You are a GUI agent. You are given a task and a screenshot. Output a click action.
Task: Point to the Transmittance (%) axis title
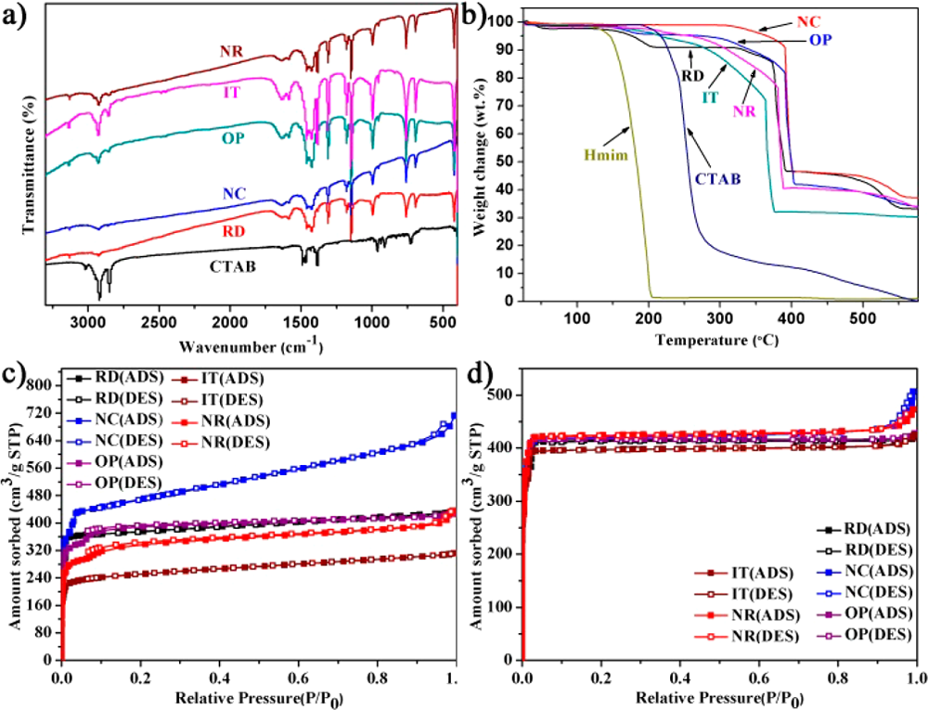pos(29,156)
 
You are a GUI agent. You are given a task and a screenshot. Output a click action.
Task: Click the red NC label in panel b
pos(808,20)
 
